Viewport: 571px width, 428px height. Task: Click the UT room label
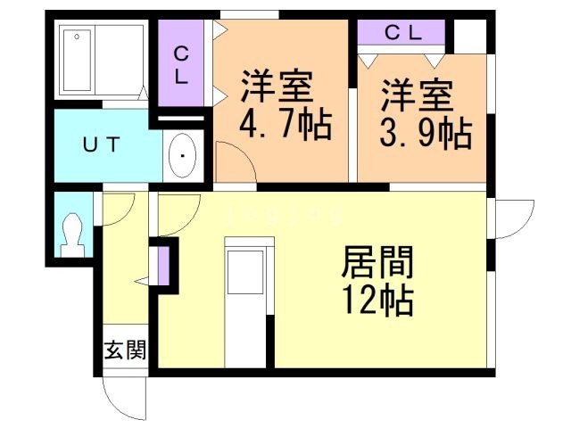click(x=101, y=144)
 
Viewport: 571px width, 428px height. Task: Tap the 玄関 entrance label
click(x=125, y=350)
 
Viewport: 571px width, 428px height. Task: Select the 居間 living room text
click(x=377, y=261)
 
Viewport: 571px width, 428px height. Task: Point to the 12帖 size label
click(x=378, y=300)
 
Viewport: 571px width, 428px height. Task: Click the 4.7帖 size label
click(x=285, y=125)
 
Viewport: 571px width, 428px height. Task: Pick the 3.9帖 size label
click(x=426, y=133)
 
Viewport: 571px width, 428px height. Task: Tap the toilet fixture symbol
click(x=72, y=235)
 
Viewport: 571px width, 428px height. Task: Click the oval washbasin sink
click(x=183, y=156)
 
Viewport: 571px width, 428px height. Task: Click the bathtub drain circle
click(x=77, y=37)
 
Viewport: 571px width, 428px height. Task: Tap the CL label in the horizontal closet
click(x=403, y=34)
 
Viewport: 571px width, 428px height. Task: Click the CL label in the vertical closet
click(x=181, y=66)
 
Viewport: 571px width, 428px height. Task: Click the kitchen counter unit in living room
click(x=249, y=302)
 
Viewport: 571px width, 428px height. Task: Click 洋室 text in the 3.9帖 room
click(x=418, y=95)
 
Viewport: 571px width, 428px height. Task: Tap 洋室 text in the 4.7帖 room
click(x=277, y=86)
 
